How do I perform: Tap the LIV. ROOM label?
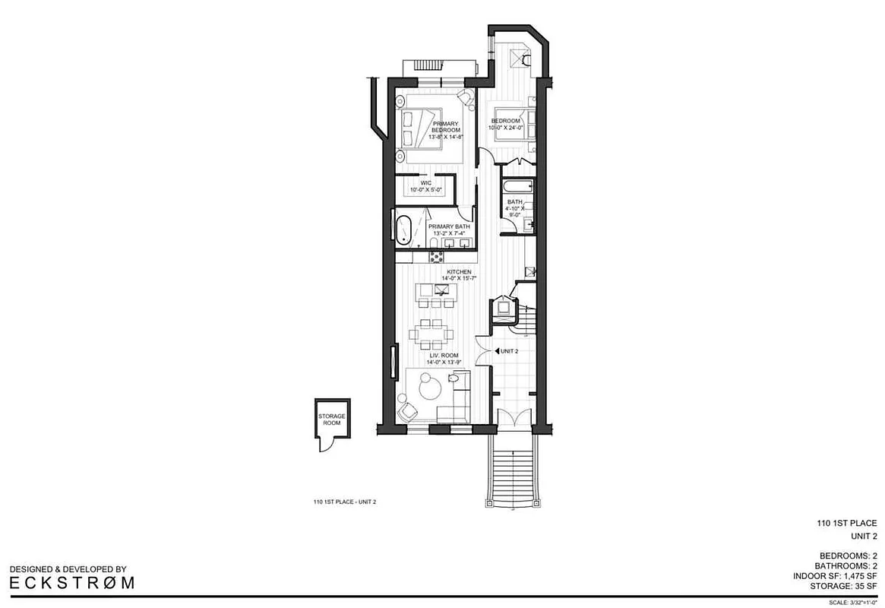tap(444, 358)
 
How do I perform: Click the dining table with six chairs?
tap(431, 332)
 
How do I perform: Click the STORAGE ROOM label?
tap(331, 420)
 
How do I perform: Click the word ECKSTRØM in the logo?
tap(72, 583)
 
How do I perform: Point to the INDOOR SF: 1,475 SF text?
tap(839, 577)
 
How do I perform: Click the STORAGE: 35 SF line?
tap(842, 587)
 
